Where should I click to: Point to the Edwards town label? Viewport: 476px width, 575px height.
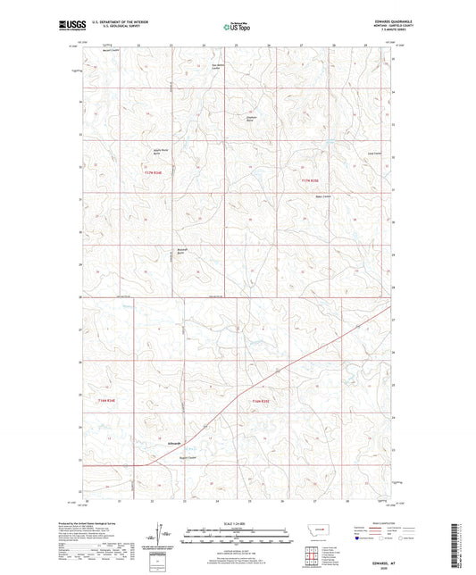[x=174, y=443]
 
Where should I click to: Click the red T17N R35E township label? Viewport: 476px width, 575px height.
[x=310, y=183]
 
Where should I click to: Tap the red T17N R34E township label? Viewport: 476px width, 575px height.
[x=157, y=171]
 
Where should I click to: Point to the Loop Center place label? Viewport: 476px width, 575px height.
[x=363, y=153]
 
